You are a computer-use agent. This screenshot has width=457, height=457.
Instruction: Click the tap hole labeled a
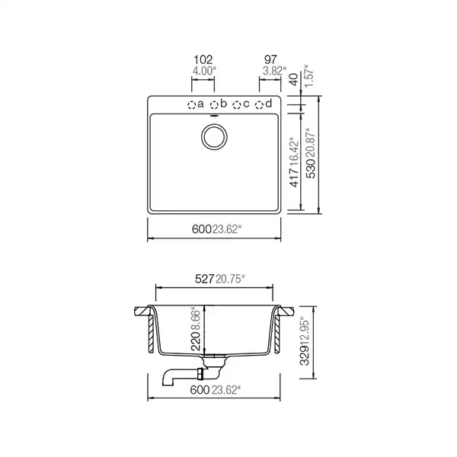click(x=192, y=104)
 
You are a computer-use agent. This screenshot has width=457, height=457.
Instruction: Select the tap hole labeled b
click(x=215, y=104)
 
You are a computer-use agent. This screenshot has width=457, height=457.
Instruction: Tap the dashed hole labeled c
click(x=237, y=104)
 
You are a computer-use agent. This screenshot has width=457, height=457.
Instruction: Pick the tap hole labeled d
click(x=260, y=104)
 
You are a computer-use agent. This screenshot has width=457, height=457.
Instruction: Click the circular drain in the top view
click(x=214, y=137)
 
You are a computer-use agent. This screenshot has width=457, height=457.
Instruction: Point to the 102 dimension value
click(x=203, y=59)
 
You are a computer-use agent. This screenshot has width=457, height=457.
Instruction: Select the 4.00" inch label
click(x=203, y=70)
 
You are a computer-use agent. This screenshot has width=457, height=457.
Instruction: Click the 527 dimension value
click(x=203, y=280)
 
